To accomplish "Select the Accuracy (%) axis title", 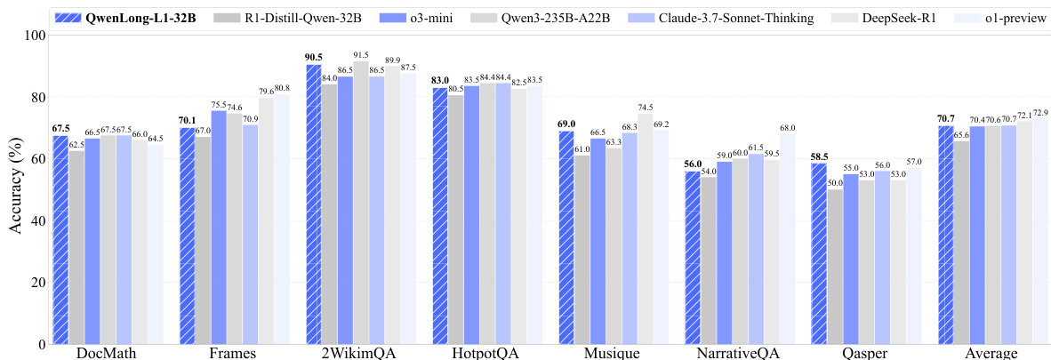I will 15,188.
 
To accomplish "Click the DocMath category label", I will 108,354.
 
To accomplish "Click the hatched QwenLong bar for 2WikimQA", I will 314,204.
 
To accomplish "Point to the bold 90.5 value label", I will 314,58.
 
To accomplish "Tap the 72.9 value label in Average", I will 1041,113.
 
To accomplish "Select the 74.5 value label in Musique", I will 646,108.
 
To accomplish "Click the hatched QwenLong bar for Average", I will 947,236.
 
